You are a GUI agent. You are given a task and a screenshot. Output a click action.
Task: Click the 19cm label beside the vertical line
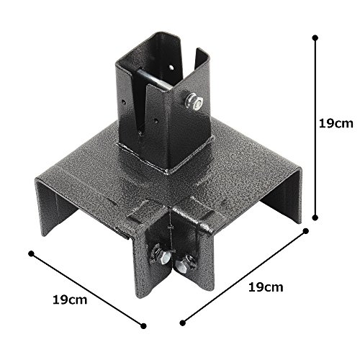(x=336, y=124)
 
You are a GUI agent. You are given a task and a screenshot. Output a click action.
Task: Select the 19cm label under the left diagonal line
(x=70, y=300)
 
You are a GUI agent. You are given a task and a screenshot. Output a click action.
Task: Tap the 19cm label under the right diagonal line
(x=266, y=287)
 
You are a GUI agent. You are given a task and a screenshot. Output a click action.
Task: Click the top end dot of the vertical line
(x=315, y=38)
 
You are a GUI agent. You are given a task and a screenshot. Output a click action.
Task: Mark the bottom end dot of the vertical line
(x=315, y=217)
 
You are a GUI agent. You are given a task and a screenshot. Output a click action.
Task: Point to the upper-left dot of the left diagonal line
(x=32, y=253)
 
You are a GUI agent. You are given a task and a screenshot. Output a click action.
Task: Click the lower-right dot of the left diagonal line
(x=143, y=326)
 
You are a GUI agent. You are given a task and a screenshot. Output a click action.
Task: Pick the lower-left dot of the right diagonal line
(x=183, y=323)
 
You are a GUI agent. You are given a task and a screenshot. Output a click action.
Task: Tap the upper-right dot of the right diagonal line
(x=306, y=231)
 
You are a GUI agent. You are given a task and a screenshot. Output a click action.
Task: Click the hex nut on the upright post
(x=194, y=102)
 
